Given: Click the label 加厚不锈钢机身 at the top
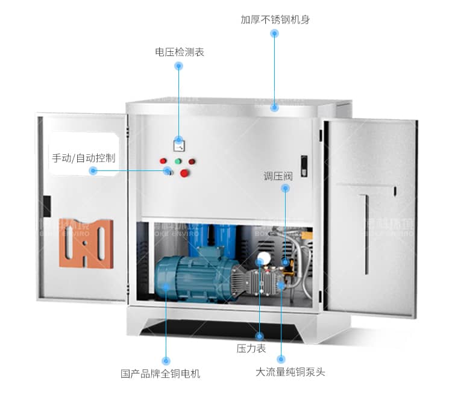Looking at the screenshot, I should pyautogui.click(x=275, y=19).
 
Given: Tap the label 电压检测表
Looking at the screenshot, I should pyautogui.click(x=180, y=52).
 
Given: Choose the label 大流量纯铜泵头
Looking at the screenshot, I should pyautogui.click(x=290, y=372).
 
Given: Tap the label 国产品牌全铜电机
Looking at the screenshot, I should pyautogui.click(x=160, y=373).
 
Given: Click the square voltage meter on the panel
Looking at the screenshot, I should pyautogui.click(x=179, y=145).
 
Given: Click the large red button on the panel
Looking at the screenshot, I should pyautogui.click(x=185, y=173).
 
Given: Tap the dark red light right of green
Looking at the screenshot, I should pyautogui.click(x=192, y=161).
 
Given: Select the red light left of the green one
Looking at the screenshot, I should pyautogui.click(x=163, y=161).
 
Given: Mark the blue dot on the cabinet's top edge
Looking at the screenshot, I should pyautogui.click(x=274, y=108).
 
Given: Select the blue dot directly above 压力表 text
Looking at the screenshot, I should pyautogui.click(x=260, y=336).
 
